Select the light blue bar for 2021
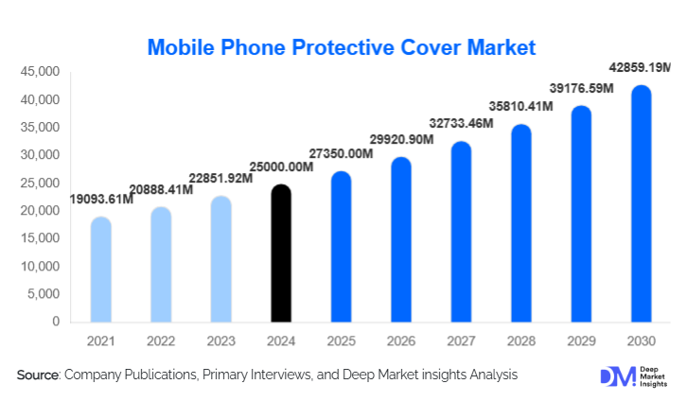click(x=100, y=270)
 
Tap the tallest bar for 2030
click(x=641, y=203)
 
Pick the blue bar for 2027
click(x=461, y=232)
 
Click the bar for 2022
click(x=160, y=265)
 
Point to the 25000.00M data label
click(x=279, y=168)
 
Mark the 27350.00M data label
click(x=341, y=154)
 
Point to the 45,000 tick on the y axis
click(x=41, y=72)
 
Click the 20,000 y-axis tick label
click(x=41, y=211)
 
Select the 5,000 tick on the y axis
click(x=44, y=294)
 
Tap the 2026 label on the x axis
click(x=400, y=340)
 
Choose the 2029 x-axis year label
click(x=580, y=340)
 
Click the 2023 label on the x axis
click(x=220, y=340)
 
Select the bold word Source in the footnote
click(x=37, y=375)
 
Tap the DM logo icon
click(x=614, y=376)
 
